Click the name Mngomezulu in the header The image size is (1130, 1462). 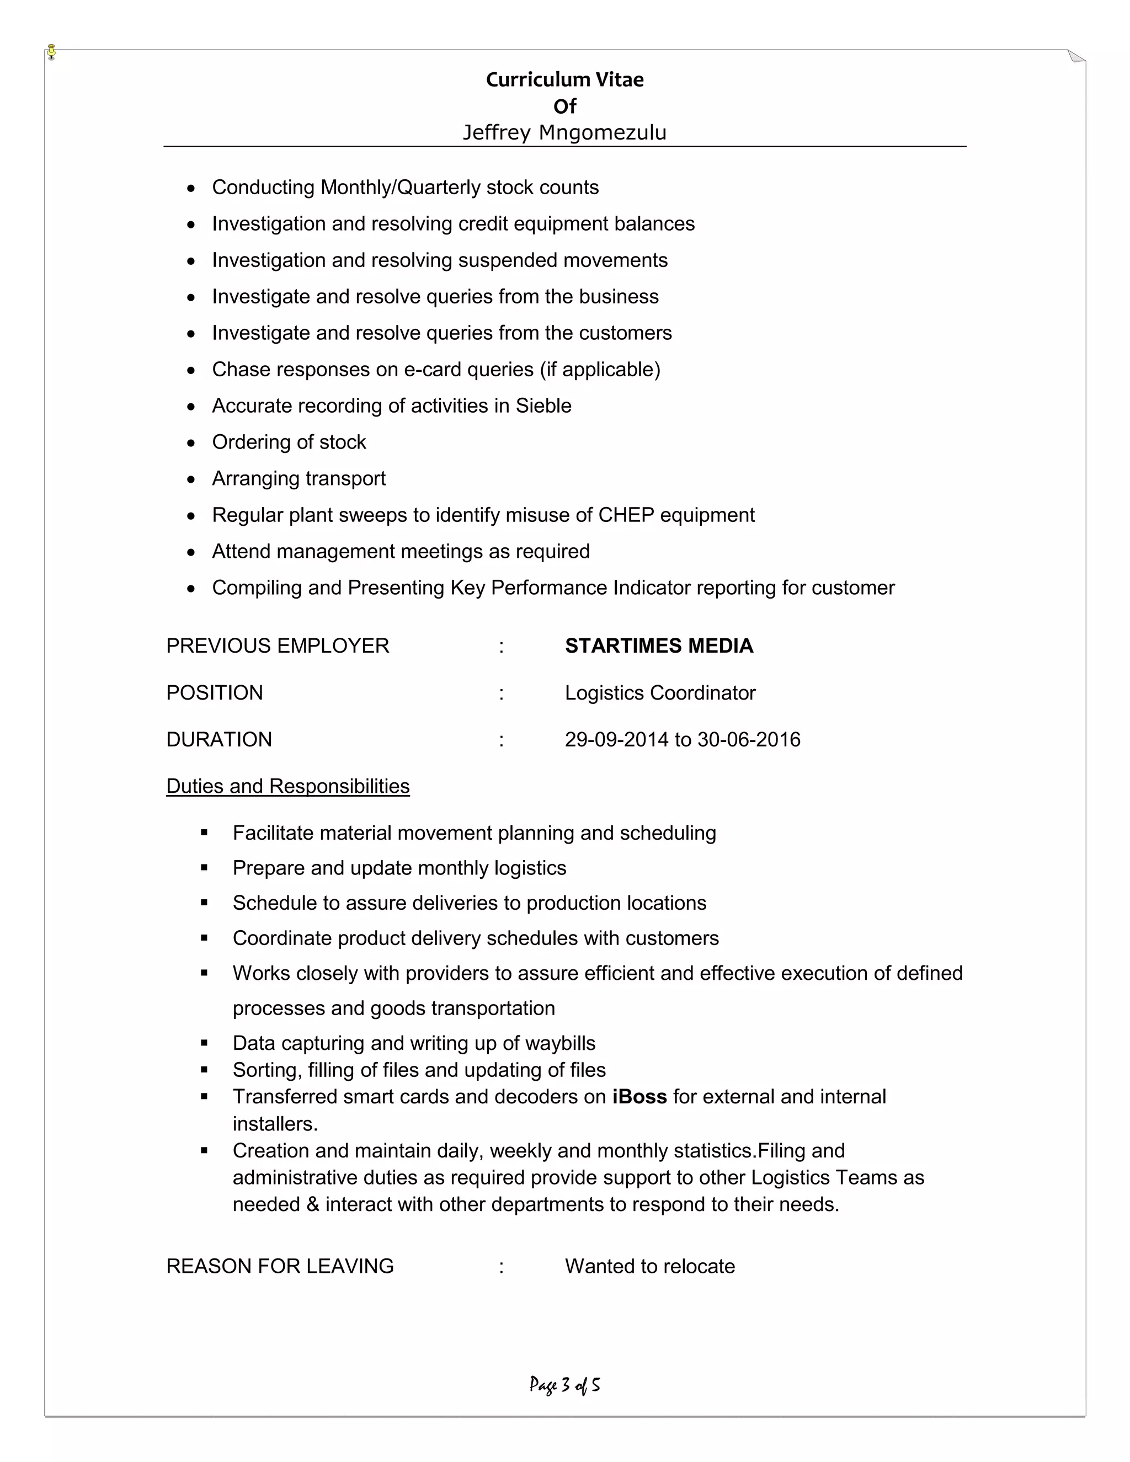pyautogui.click(x=603, y=132)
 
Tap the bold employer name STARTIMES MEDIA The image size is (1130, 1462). pyautogui.click(x=659, y=646)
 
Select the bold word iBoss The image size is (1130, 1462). pyautogui.click(x=639, y=1097)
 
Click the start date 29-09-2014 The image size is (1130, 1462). pyautogui.click(x=616, y=740)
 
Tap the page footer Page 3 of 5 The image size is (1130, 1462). pyautogui.click(x=564, y=1384)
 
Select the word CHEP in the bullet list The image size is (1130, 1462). pyautogui.click(x=626, y=515)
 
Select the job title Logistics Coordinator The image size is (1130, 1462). pyautogui.click(x=659, y=693)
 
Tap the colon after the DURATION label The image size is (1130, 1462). pyautogui.click(x=501, y=740)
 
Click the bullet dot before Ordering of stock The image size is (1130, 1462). pyautogui.click(x=191, y=443)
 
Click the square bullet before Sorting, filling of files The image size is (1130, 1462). pyautogui.click(x=204, y=1070)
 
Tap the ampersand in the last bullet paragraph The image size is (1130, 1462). pyautogui.click(x=313, y=1204)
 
